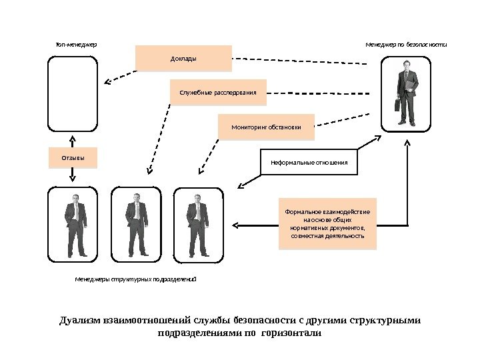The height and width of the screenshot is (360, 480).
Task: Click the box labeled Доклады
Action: pyautogui.click(x=183, y=58)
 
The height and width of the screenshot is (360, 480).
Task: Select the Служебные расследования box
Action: pyautogui.click(x=218, y=92)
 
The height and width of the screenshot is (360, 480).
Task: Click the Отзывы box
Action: pyautogui.click(x=73, y=158)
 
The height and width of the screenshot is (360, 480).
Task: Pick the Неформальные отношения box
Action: pyautogui.click(x=309, y=161)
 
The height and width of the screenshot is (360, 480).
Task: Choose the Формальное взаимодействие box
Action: pyautogui.click(x=327, y=223)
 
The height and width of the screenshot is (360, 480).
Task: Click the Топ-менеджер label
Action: pyautogui.click(x=76, y=45)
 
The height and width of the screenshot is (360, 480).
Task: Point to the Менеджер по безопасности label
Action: pyautogui.click(x=405, y=45)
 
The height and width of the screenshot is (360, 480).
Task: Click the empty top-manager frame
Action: pyautogui.click(x=73, y=93)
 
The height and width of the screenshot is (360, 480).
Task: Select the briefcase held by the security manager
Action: pyautogui.click(x=397, y=105)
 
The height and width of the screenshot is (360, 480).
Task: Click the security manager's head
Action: pyautogui.click(x=406, y=65)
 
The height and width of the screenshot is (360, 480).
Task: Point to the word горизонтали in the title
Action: pyautogui.click(x=293, y=332)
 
